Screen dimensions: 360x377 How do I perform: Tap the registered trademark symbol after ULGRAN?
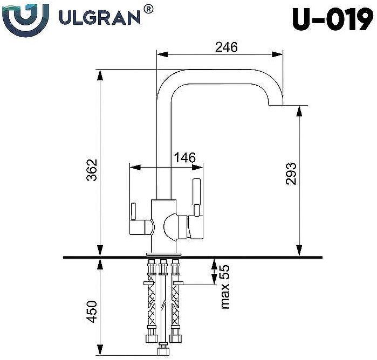[149, 9]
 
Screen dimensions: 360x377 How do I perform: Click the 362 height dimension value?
[92, 170]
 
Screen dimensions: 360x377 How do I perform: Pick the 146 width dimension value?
[184, 158]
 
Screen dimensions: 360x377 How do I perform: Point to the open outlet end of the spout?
[276, 105]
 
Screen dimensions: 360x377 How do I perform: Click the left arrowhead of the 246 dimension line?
[161, 54]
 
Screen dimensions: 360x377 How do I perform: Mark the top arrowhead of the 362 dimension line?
[100, 73]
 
